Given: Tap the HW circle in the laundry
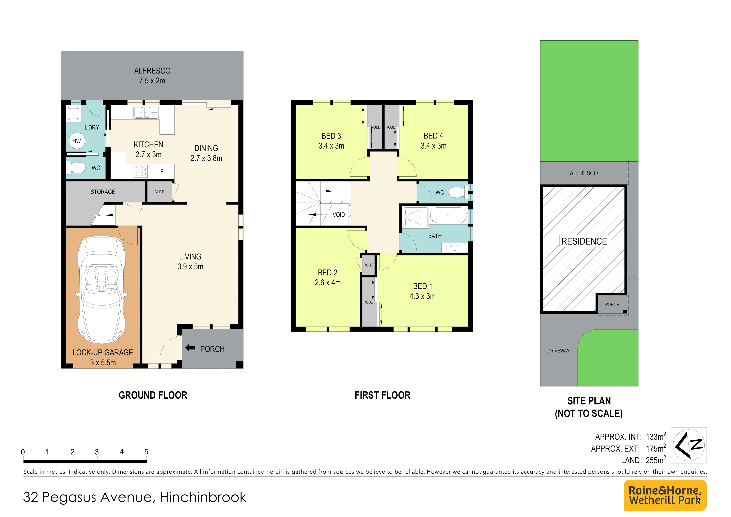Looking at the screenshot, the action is click(x=77, y=141).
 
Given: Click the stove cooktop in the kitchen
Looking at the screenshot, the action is click(x=141, y=171).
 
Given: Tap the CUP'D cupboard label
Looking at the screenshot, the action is click(x=159, y=192).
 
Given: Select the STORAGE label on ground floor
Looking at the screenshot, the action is click(x=103, y=192).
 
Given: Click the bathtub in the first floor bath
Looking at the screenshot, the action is click(x=448, y=215).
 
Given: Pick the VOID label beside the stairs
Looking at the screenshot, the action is click(x=339, y=215).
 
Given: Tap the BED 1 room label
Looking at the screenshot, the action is click(x=422, y=286).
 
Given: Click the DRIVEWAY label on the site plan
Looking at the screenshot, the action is click(x=558, y=351).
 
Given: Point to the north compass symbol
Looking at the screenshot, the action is click(x=689, y=445).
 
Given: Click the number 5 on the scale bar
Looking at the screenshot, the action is click(x=146, y=452).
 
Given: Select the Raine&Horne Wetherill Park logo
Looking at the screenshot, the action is click(x=665, y=495).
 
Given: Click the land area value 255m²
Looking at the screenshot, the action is click(x=656, y=460).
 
